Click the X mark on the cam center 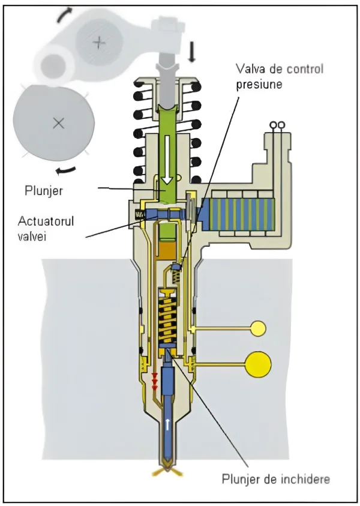coord(58,122)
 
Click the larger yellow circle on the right coord(258,364)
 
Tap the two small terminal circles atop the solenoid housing coord(277,125)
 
